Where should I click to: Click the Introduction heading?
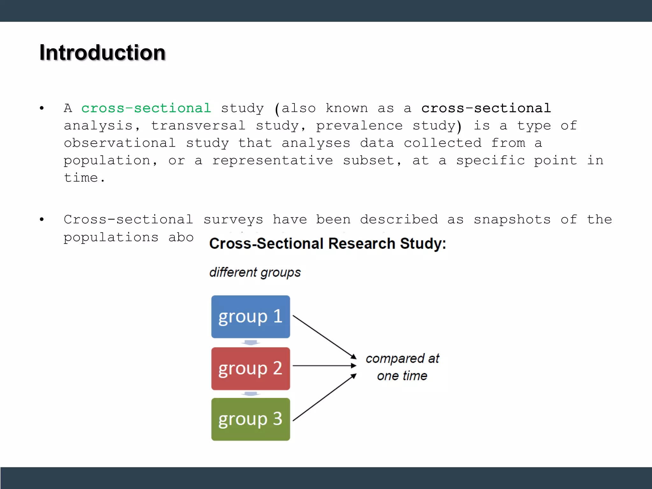[103, 53]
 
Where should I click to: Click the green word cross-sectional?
[146, 108]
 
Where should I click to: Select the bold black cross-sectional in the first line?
[486, 108]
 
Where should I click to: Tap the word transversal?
[198, 125]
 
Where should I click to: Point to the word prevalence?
[359, 125]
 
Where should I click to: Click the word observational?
[120, 143]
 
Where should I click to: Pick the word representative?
[273, 160]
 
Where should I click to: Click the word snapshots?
[512, 219]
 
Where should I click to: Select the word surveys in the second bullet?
[233, 219]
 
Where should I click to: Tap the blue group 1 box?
[251, 316]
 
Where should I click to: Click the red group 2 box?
[251, 368]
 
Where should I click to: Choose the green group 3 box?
[251, 419]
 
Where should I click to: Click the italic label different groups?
[255, 273]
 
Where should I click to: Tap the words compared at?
[402, 359]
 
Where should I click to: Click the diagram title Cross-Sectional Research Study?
[328, 244]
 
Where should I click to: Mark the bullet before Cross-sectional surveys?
[42, 219]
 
